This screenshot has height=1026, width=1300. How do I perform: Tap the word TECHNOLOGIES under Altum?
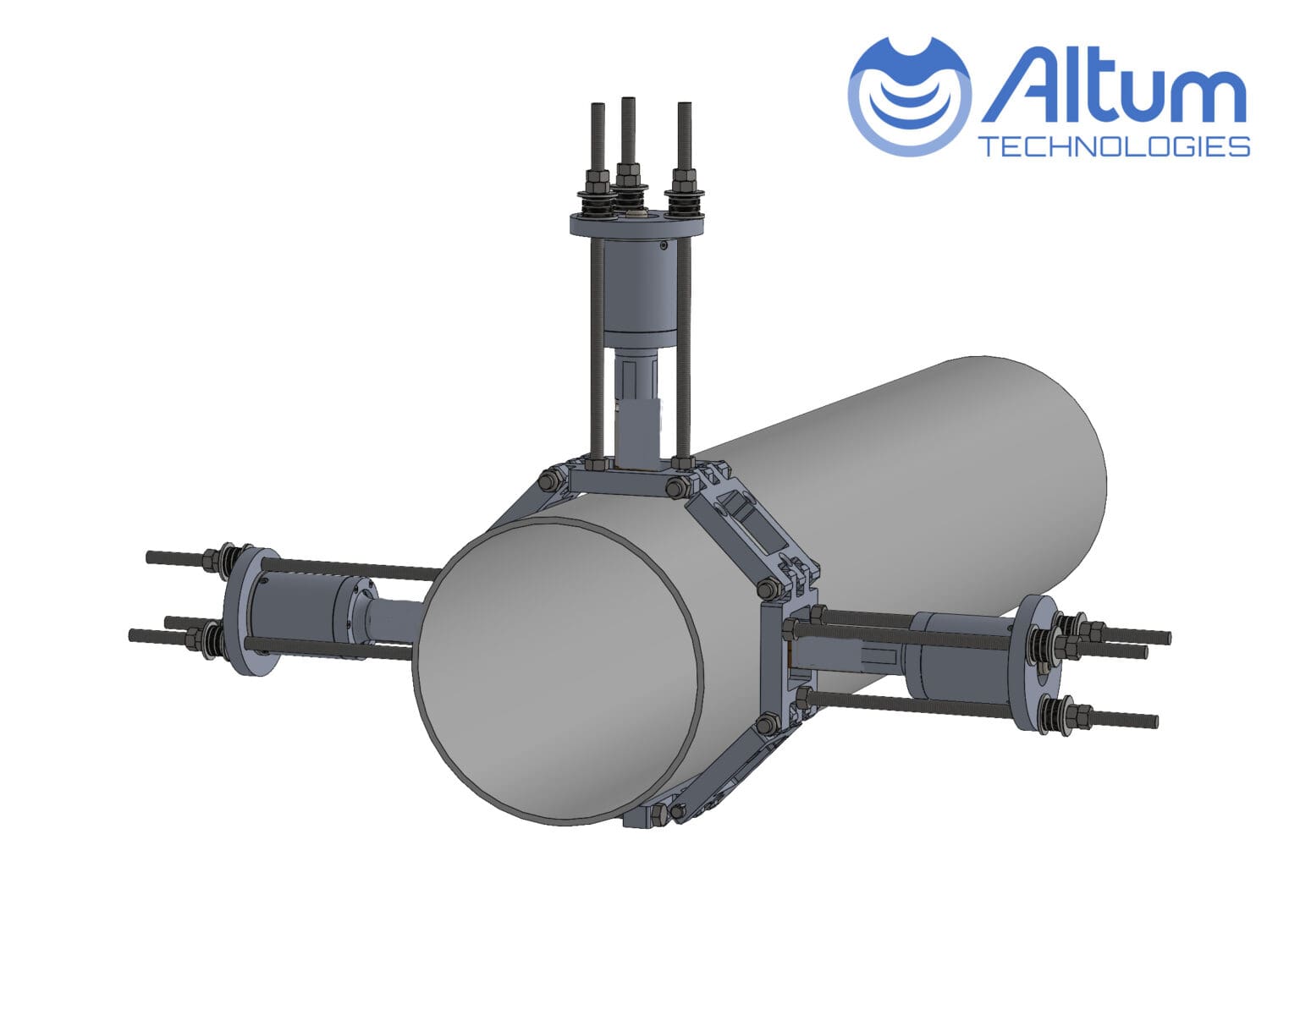click(1114, 146)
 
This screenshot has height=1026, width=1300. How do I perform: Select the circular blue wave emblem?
click(909, 95)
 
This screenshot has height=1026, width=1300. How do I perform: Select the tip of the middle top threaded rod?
click(627, 102)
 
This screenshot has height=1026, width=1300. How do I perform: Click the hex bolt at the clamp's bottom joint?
click(658, 814)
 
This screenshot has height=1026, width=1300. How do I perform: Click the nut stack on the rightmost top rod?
click(685, 184)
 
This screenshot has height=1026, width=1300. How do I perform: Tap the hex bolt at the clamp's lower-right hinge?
click(768, 724)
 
